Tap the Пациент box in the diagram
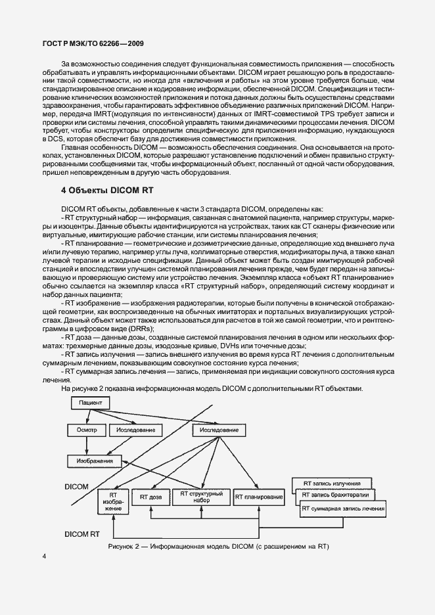click(89, 401)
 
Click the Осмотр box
click(83, 430)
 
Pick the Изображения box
click(93, 461)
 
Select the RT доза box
click(150, 498)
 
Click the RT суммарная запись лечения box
click(343, 509)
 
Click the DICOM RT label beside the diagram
click(81, 535)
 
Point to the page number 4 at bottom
click(44, 557)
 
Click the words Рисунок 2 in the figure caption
click(129, 547)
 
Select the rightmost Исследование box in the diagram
click(215, 430)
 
